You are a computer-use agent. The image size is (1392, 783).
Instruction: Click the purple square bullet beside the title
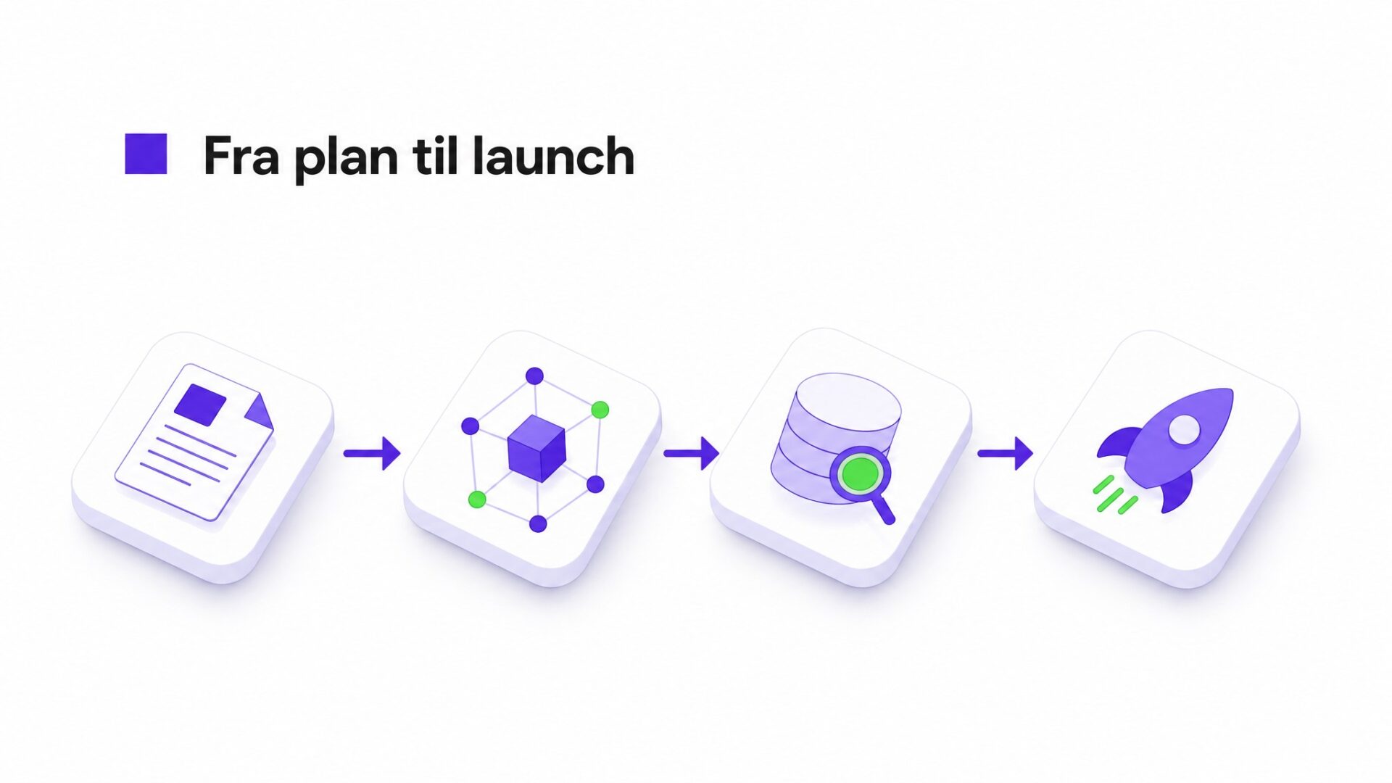pyautogui.click(x=146, y=154)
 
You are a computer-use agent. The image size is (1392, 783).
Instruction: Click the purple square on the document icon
pyautogui.click(x=200, y=405)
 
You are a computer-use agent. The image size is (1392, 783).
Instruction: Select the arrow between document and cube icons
pyautogui.click(x=372, y=453)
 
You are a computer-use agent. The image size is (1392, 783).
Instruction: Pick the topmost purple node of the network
pyautogui.click(x=534, y=376)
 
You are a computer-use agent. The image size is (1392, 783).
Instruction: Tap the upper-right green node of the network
pyautogui.click(x=600, y=410)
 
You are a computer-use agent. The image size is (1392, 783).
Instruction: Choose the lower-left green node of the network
pyautogui.click(x=477, y=499)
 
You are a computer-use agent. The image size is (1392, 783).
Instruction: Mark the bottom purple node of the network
pyautogui.click(x=538, y=523)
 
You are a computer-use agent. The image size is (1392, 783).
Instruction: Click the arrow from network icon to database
pyautogui.click(x=691, y=453)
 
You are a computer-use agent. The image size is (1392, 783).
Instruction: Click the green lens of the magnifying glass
pyautogui.click(x=860, y=475)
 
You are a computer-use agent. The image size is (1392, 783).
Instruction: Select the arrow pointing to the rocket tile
pyautogui.click(x=1005, y=453)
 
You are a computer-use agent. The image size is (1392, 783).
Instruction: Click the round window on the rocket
pyautogui.click(x=1184, y=429)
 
